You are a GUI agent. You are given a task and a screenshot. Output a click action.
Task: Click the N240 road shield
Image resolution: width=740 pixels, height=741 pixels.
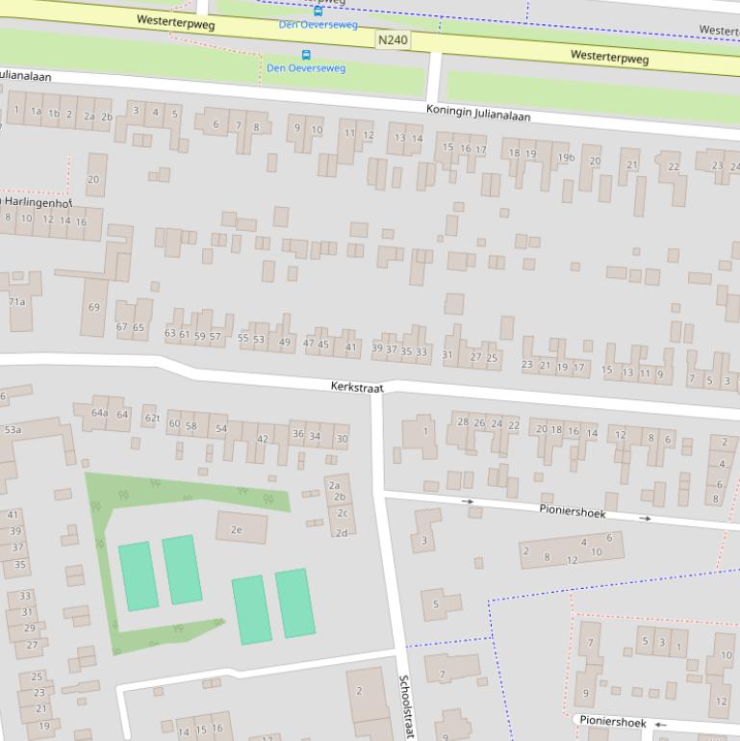point(393,39)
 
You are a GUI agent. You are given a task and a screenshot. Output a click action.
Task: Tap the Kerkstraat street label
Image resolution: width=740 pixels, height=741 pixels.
point(357,386)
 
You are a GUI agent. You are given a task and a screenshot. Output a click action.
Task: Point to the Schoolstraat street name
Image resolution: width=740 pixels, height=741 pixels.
point(406,705)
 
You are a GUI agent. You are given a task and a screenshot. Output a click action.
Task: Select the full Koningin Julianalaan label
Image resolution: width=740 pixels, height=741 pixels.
point(478,114)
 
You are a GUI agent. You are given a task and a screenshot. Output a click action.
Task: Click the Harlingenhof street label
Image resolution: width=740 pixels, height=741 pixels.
point(38,203)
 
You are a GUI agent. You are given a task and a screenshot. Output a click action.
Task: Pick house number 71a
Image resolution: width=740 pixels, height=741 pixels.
point(17,302)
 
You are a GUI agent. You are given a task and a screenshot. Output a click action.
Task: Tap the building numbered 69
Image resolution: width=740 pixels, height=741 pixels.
point(93,308)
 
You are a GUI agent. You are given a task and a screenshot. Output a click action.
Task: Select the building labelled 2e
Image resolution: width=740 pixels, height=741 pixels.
point(236,528)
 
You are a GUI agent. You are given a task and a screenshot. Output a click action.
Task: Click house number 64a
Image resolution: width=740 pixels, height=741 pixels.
point(99,413)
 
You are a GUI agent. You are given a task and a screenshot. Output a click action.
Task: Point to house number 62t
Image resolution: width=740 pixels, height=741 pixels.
point(151,418)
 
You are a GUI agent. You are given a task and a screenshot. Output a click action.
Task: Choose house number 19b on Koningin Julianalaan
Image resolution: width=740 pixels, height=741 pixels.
point(566,157)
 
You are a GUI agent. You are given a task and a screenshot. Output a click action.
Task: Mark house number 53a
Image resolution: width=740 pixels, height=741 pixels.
point(13,429)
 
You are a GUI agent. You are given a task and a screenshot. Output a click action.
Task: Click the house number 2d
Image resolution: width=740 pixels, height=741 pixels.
point(341,532)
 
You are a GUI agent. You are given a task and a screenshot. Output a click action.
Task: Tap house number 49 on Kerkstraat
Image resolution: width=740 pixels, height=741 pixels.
point(284,342)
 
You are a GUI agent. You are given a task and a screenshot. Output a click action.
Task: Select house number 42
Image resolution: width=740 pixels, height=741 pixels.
point(262,439)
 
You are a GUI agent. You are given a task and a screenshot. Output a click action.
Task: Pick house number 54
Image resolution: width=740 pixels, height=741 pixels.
point(221,428)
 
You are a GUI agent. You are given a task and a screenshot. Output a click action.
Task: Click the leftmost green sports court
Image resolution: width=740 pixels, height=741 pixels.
point(138,575)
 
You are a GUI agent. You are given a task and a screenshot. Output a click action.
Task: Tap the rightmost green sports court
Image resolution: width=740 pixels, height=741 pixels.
point(294,602)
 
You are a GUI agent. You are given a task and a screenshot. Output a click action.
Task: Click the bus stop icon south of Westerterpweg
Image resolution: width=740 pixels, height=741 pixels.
point(306,55)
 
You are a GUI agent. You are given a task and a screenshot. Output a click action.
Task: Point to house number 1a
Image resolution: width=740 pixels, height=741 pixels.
point(36,112)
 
